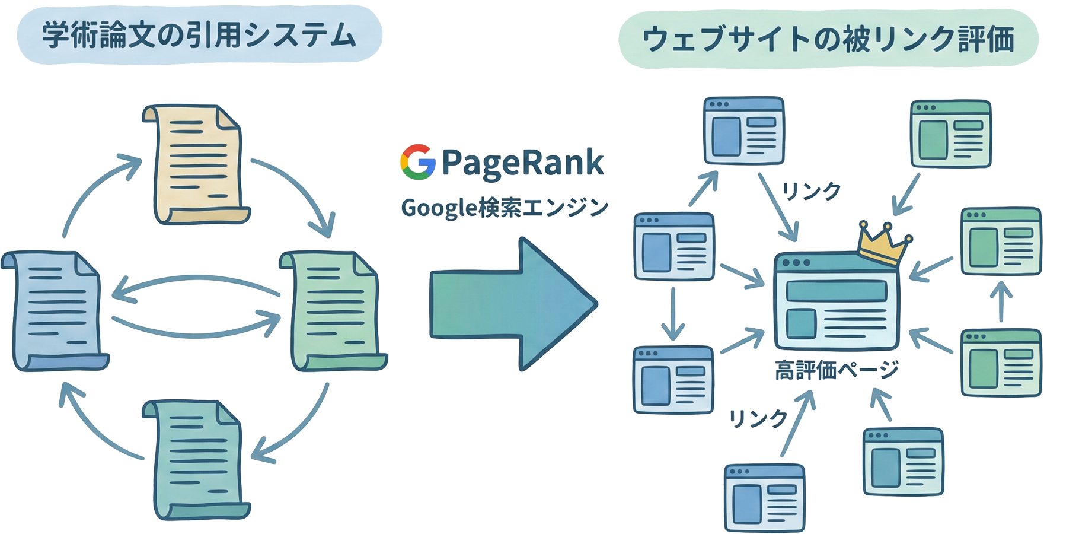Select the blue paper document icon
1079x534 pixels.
(x=56, y=310)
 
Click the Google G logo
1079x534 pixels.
(x=418, y=162)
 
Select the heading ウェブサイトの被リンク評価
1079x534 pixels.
(x=828, y=39)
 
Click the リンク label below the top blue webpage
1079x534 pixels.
(x=812, y=191)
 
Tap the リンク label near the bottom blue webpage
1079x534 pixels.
(x=758, y=419)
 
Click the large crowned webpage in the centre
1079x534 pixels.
(x=836, y=303)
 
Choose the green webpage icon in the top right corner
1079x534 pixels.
(x=950, y=134)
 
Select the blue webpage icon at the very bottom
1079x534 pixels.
(x=765, y=497)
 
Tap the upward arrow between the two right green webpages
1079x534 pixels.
(x=1001, y=301)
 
